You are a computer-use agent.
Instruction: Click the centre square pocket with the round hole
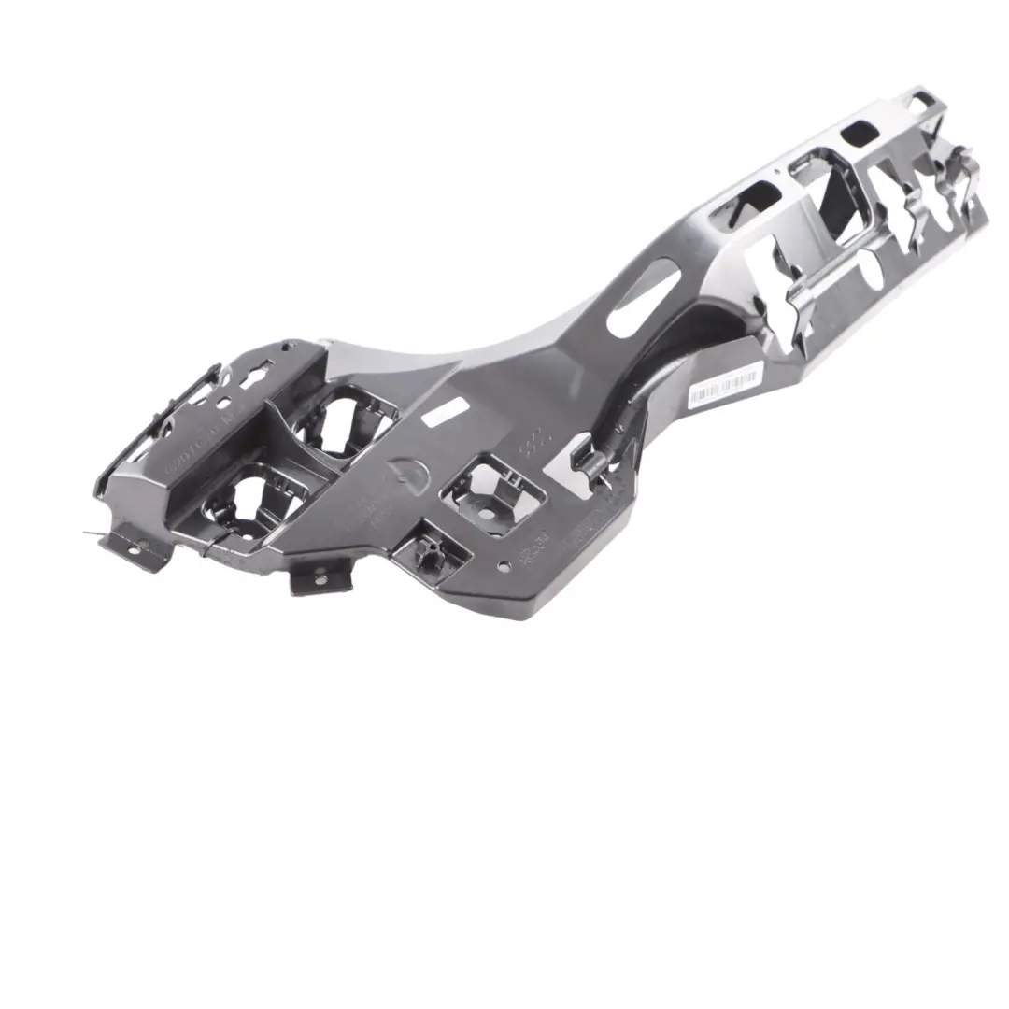tap(491, 492)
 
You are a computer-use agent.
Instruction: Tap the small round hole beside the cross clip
tap(504, 565)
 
